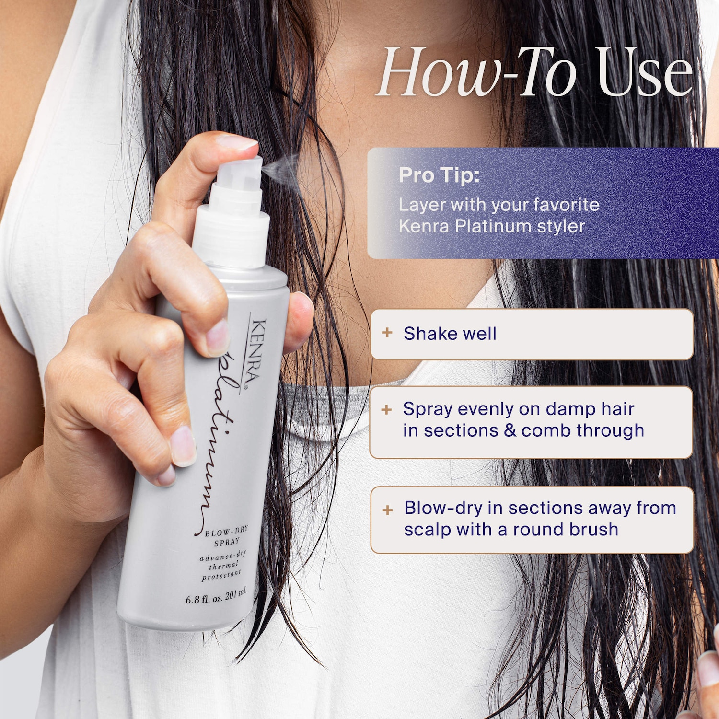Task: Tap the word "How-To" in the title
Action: pos(477,72)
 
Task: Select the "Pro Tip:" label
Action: pos(439,175)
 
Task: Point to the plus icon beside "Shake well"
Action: pos(387,333)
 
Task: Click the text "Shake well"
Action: pos(450,333)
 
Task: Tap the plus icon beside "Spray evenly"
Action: pos(387,409)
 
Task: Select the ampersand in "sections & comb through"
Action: pos(510,430)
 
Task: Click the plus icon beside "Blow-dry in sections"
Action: pos(388,510)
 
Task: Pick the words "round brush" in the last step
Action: pos(566,530)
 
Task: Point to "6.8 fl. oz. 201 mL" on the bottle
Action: pos(216,596)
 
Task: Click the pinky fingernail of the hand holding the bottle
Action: pos(166,475)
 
